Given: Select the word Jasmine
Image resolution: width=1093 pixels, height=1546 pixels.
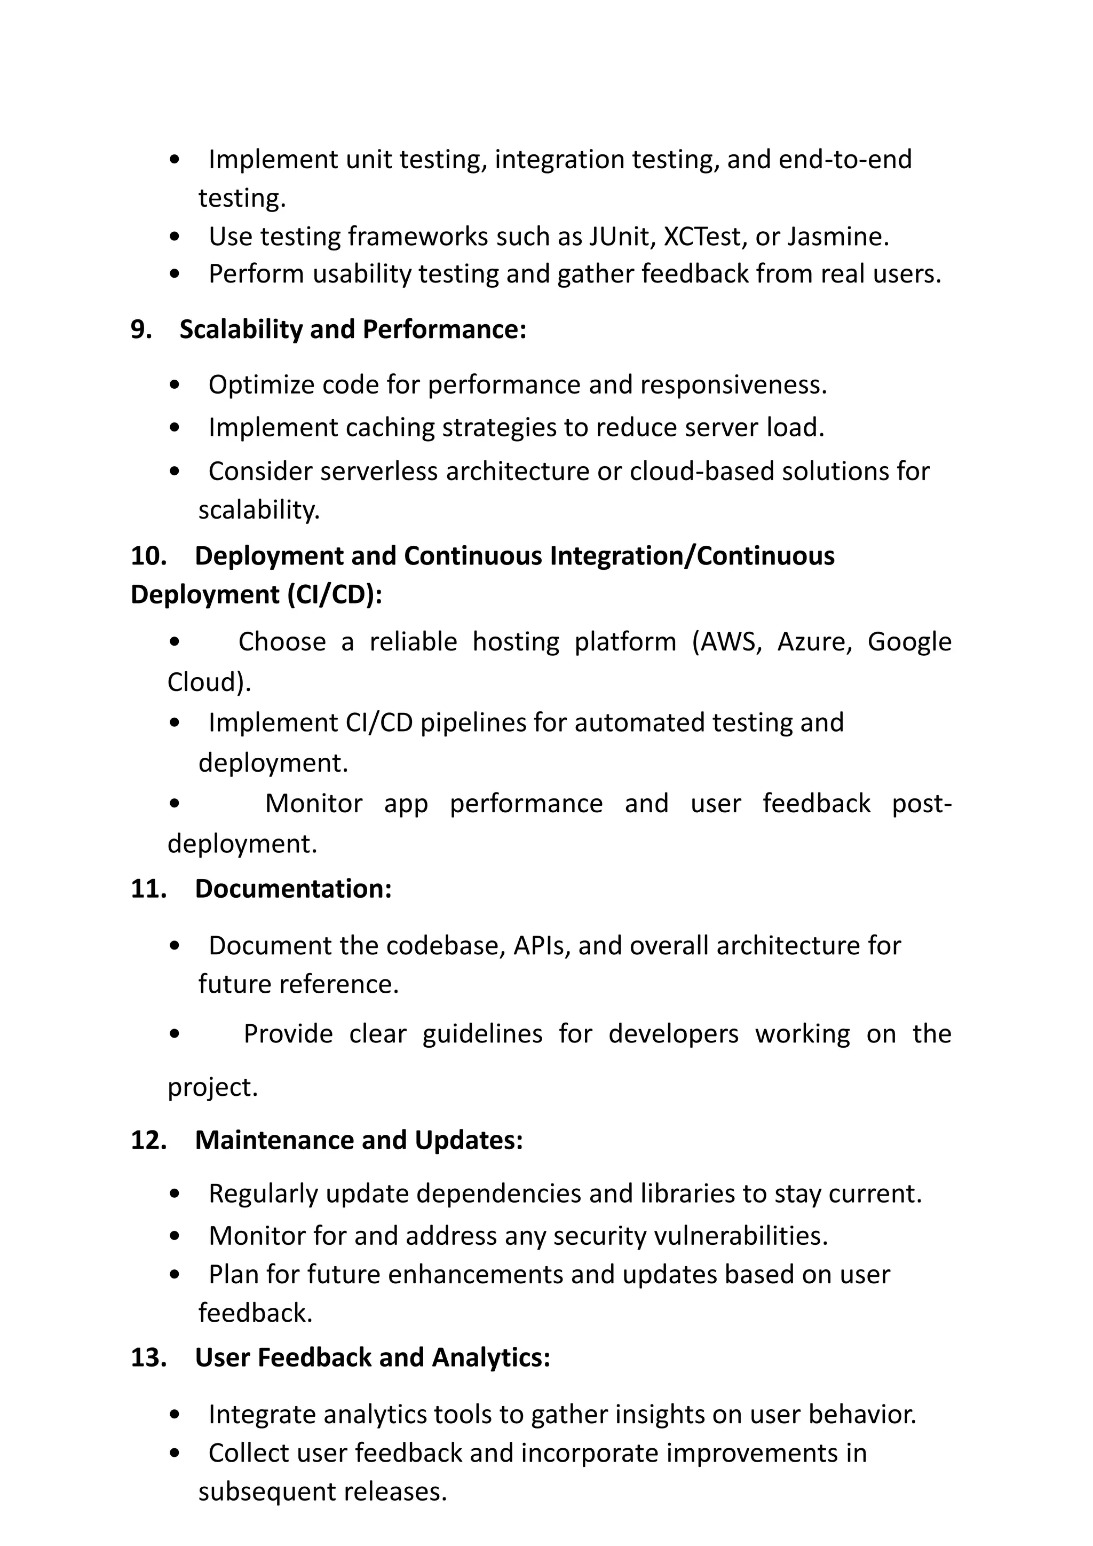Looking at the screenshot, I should (x=838, y=237).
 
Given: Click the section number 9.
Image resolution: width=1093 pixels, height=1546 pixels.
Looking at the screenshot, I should (x=141, y=329).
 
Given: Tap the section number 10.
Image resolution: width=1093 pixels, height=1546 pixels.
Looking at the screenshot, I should (x=148, y=556).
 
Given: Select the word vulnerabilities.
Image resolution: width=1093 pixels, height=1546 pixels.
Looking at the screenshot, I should (x=740, y=1236).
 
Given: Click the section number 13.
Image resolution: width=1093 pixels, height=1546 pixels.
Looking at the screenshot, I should (x=148, y=1357).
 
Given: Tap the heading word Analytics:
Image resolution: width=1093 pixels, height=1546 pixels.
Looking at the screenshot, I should (x=490, y=1357).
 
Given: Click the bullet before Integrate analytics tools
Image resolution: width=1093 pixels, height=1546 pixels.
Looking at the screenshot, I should (x=175, y=1415).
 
